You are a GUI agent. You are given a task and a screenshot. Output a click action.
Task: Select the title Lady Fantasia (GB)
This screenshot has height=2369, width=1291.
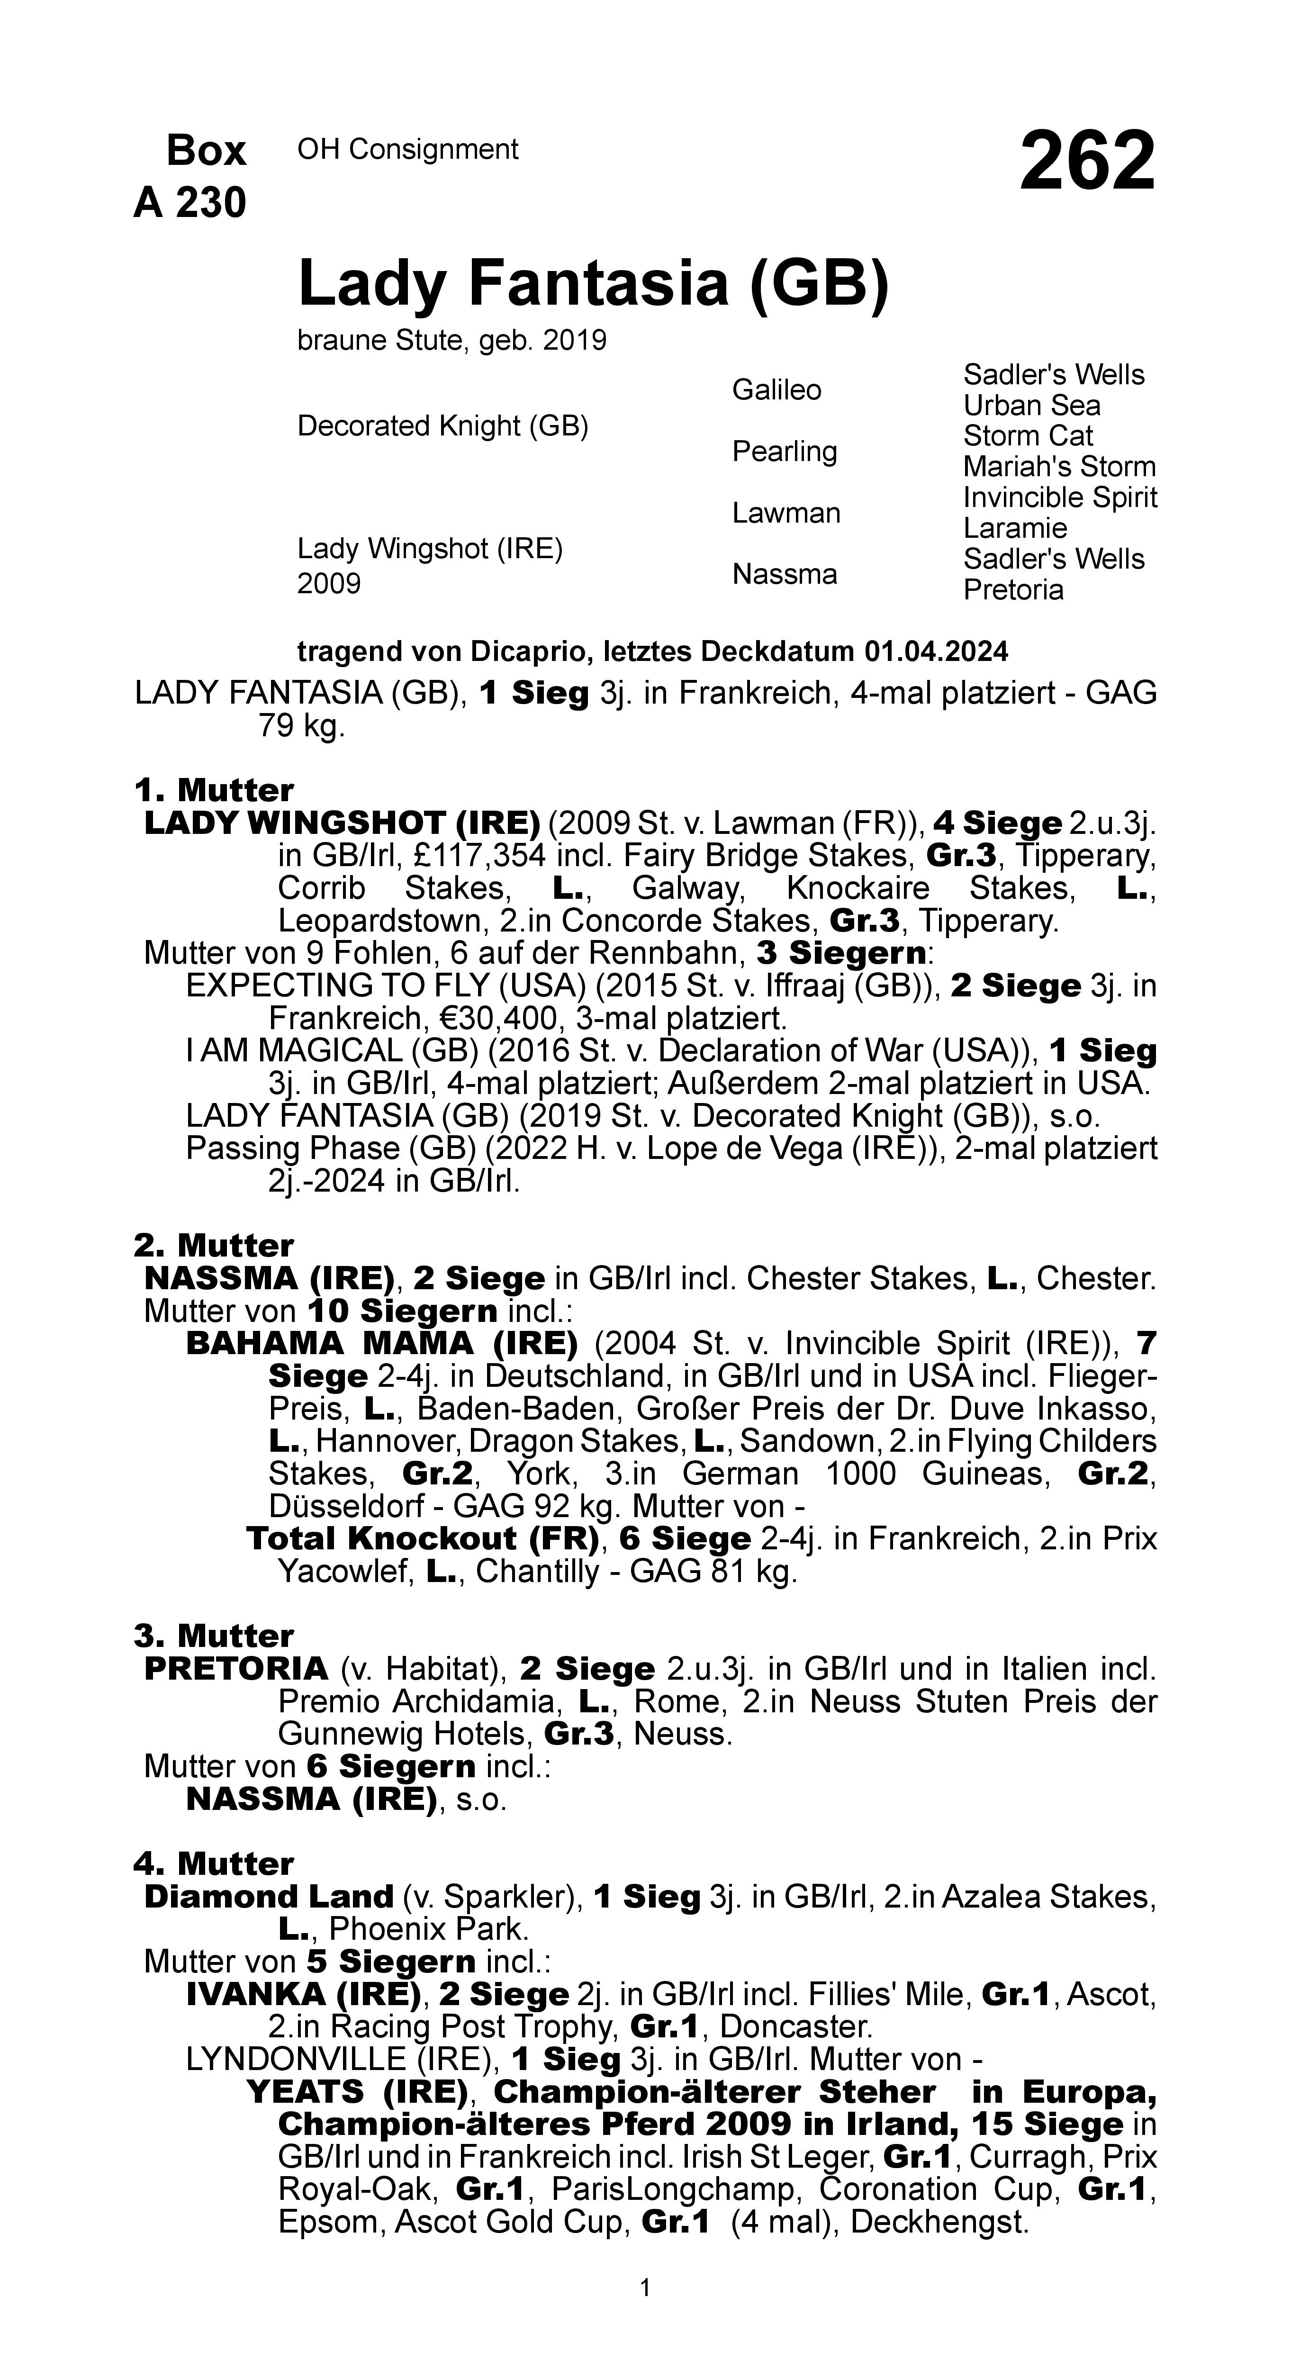[593, 283]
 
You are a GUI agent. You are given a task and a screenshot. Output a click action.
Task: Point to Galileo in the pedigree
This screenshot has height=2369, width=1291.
[776, 390]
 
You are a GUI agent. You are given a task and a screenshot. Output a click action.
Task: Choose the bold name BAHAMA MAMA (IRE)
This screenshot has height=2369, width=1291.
[381, 1344]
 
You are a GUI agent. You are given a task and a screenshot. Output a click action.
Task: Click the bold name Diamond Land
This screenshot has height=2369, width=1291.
[269, 1896]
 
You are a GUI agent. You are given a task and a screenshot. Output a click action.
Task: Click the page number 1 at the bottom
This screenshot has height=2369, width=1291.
[645, 2288]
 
